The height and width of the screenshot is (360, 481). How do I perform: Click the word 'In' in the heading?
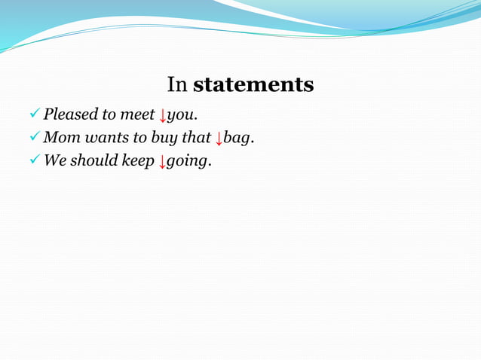click(177, 84)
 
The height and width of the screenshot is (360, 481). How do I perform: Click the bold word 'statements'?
click(253, 84)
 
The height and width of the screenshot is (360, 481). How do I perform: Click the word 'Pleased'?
click(70, 115)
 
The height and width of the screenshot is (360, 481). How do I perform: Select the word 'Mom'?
click(60, 138)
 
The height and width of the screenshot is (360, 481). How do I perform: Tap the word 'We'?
click(54, 160)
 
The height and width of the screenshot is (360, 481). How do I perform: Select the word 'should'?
click(93, 160)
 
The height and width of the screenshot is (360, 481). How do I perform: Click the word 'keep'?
click(138, 161)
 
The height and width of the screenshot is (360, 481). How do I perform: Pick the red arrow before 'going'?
click(161, 162)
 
